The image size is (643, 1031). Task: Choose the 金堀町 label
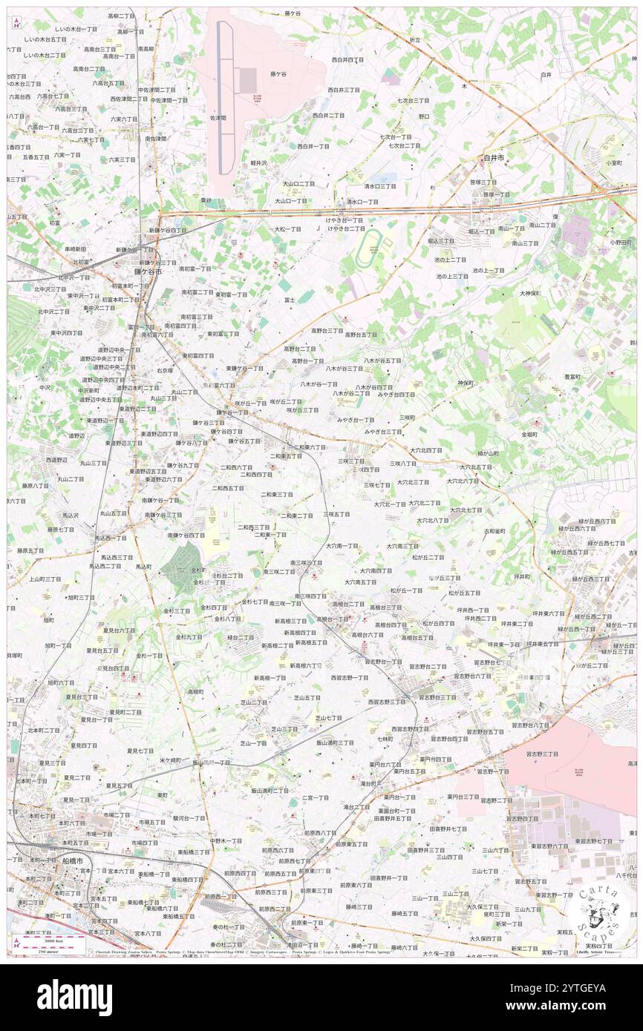pos(529,434)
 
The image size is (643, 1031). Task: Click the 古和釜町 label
pos(495,531)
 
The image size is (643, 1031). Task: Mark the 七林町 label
pos(385,738)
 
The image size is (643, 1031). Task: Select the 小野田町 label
pos(620,242)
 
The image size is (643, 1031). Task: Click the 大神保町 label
pos(529,293)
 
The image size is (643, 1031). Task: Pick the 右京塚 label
pos(165,371)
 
